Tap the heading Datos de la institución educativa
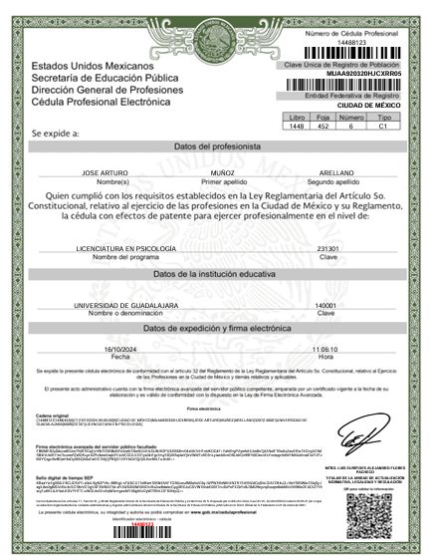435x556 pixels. click(217, 273)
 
